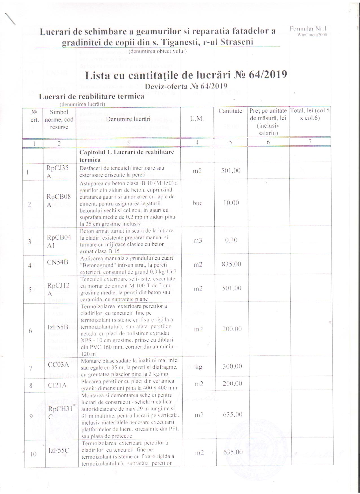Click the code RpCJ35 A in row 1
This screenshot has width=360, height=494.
tap(57, 172)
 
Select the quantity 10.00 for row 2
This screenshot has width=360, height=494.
tap(231, 203)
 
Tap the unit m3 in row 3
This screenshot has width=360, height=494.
tap(198, 241)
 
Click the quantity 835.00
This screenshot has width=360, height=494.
tap(231, 264)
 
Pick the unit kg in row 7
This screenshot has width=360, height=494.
tap(199, 368)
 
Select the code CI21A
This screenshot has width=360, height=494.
tap(57, 385)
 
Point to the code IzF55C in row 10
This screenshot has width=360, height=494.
tap(58, 451)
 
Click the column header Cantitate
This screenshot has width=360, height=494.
tap(230, 111)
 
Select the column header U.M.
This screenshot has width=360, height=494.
tap(197, 119)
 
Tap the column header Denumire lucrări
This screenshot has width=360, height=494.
tap(128, 119)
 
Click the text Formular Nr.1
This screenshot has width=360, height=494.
tap(308, 29)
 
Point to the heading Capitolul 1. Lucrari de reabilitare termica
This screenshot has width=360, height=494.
tap(126, 156)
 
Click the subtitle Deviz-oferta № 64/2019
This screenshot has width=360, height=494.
tap(186, 86)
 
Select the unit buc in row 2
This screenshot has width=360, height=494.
tap(197, 203)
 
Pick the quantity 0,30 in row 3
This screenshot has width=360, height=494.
tap(231, 240)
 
